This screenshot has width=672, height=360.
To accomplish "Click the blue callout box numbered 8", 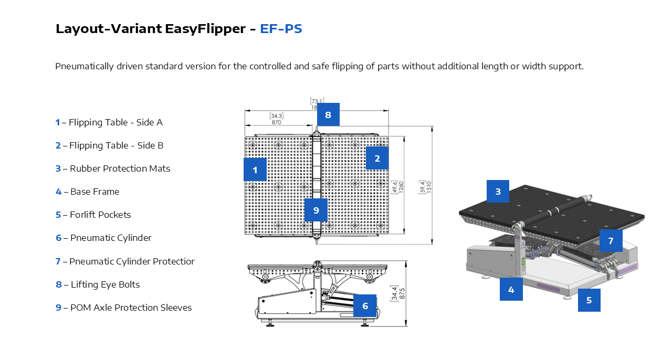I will (328, 114).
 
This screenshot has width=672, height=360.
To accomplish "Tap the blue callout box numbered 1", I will (255, 170).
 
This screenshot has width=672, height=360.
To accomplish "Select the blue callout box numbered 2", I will (377, 158).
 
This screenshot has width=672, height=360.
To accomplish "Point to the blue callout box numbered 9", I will (316, 210).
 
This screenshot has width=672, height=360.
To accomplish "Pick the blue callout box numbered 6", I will (365, 305).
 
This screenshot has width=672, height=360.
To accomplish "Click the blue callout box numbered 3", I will (498, 191).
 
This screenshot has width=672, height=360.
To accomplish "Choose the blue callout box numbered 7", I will (611, 240).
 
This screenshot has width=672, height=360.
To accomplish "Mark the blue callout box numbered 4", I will (511, 289).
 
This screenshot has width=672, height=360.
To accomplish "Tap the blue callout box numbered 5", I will (589, 300).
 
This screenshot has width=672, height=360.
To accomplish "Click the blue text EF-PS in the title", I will (281, 29).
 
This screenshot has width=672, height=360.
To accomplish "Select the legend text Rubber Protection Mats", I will (120, 168).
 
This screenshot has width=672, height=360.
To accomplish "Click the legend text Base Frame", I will (94, 192).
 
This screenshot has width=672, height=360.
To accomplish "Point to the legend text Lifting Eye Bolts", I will (105, 284).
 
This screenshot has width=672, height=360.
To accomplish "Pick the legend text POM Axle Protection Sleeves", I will (131, 308).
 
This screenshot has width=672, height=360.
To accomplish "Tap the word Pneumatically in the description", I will (84, 67).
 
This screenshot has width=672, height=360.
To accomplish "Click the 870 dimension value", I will (277, 122).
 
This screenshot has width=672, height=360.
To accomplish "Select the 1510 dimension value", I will (428, 186).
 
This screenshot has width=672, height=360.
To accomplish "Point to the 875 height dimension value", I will (402, 293).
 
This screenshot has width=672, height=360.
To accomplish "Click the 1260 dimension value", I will (401, 187).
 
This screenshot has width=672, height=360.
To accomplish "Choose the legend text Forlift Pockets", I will (100, 215).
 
